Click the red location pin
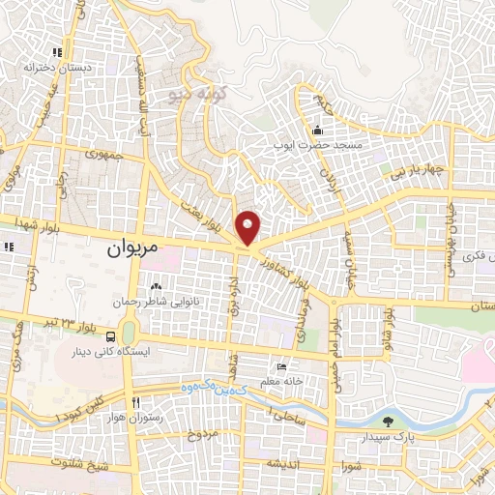coord(248,227)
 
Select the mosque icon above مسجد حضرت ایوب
coord(316,131)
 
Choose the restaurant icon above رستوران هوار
coord(135,402)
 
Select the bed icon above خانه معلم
coord(281,367)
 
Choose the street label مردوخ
coord(207,432)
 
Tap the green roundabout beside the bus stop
coord(130,333)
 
